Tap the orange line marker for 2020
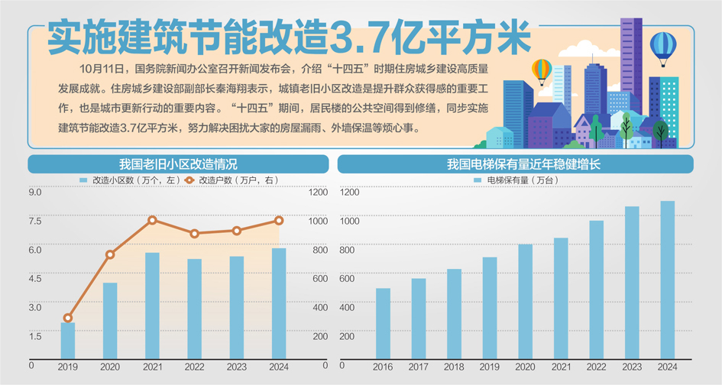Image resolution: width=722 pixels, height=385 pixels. click(x=110, y=254)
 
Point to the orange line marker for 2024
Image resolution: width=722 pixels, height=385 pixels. click(x=279, y=221)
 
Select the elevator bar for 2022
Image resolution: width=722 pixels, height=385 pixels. click(x=596, y=290)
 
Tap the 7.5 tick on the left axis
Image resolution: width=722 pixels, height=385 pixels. click(x=35, y=222)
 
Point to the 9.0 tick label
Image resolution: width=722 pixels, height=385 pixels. click(x=35, y=192)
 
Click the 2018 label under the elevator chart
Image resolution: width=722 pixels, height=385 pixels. click(x=454, y=367)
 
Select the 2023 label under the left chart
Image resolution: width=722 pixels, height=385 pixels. click(x=237, y=367)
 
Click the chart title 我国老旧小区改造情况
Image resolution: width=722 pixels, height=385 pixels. click(x=178, y=163)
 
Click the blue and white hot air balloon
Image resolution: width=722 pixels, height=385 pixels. click(x=662, y=47)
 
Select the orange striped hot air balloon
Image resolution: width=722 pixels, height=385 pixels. click(x=542, y=70)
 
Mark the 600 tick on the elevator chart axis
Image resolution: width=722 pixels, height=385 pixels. click(x=348, y=279)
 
